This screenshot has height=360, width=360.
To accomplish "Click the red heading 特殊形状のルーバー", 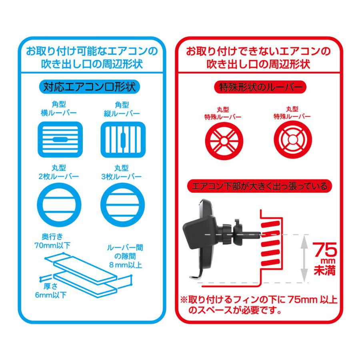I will point(260,86).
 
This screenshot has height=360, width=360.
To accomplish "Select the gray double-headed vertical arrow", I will point(304,258).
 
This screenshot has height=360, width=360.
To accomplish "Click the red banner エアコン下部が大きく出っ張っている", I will point(260,186).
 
